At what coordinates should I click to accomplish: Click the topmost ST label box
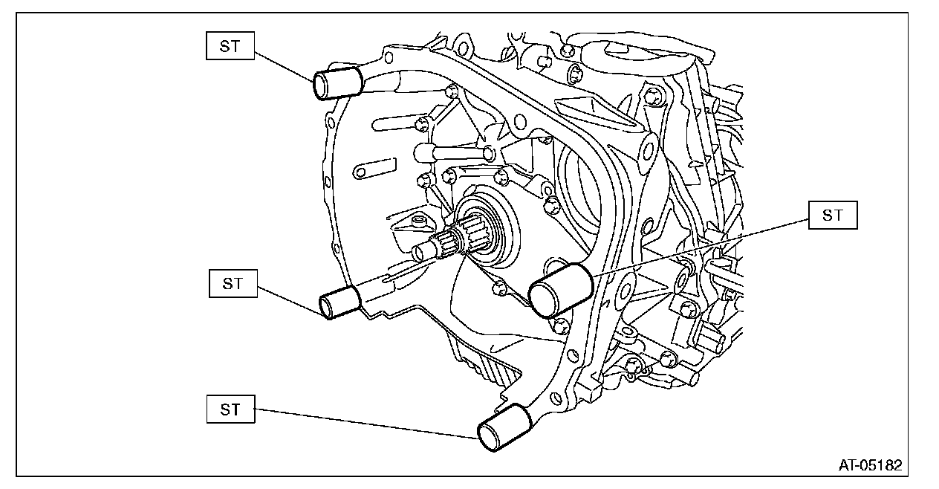point(230,46)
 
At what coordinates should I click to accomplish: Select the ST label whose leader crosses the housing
point(832,216)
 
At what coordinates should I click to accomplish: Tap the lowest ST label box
point(230,409)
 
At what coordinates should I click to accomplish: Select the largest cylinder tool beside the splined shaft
point(560,290)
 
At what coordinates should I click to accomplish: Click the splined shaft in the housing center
point(452,242)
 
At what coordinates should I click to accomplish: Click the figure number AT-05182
point(870,466)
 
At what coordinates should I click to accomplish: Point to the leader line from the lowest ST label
point(364,424)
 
